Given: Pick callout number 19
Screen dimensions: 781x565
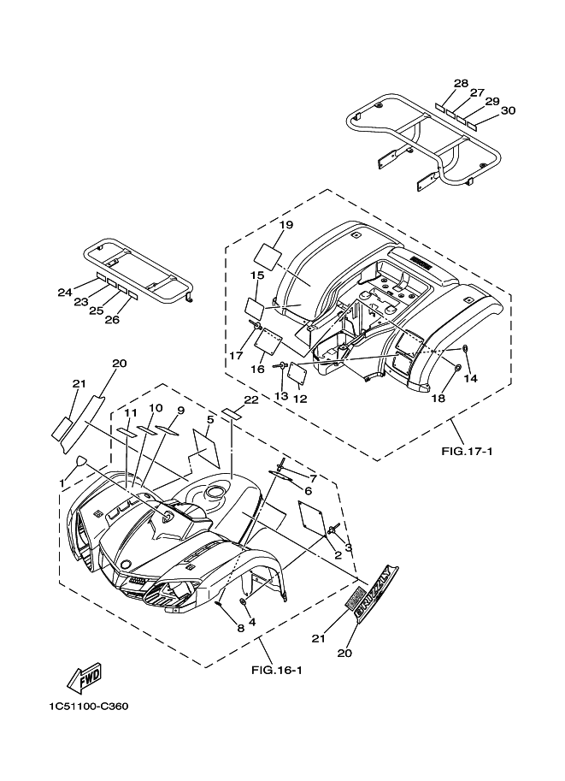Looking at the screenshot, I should pyautogui.click(x=285, y=225).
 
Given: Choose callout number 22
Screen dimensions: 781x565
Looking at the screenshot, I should pyautogui.click(x=250, y=400).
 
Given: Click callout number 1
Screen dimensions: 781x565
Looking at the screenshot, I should pyautogui.click(x=62, y=483).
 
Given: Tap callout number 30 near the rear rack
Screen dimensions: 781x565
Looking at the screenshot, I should pyautogui.click(x=508, y=110).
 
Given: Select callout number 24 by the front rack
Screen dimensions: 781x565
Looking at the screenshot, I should pyautogui.click(x=65, y=293).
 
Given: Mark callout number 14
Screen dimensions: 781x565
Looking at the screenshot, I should pyautogui.click(x=469, y=377).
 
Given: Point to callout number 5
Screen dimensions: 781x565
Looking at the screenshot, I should pyautogui.click(x=209, y=418).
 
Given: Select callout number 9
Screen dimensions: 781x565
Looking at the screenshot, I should pyautogui.click(x=180, y=411).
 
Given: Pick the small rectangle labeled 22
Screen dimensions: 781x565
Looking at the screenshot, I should pyautogui.click(x=231, y=414).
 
